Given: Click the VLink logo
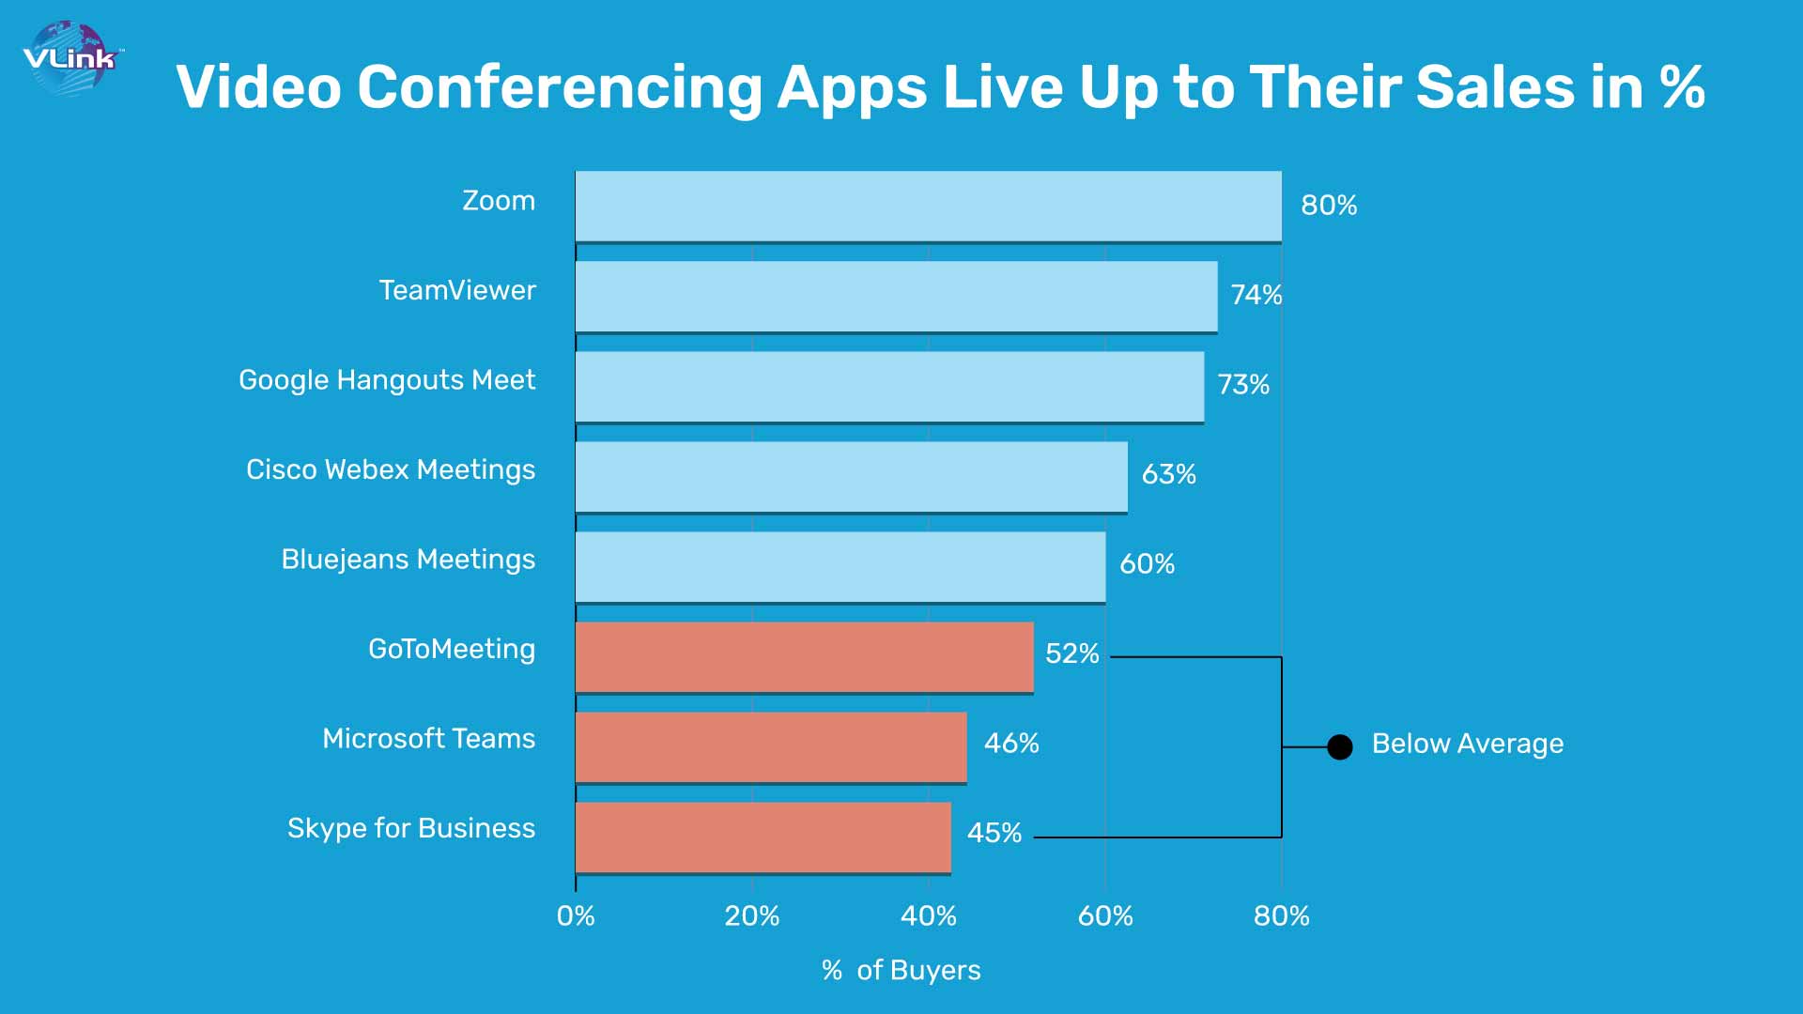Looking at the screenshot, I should click(70, 58).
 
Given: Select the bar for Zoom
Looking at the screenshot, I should click(928, 206).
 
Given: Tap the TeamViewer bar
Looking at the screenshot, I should click(896, 296).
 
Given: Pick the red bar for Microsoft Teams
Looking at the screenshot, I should click(771, 746).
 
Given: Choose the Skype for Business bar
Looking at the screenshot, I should click(763, 837).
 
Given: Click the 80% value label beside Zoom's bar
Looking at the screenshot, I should click(1329, 206).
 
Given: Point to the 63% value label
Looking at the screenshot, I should click(1168, 474).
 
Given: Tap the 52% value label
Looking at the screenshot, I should click(1071, 653).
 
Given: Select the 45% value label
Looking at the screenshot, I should click(994, 833).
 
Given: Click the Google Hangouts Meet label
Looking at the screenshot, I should click(387, 380).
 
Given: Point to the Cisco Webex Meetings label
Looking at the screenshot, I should click(391, 469).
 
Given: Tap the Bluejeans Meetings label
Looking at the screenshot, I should click(408, 560).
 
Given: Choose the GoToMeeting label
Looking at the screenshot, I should click(452, 649).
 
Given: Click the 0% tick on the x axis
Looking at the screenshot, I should click(576, 916).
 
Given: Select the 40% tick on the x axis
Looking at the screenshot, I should click(929, 916).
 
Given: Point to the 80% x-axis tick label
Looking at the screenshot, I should click(1282, 916).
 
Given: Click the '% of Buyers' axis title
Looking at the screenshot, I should click(901, 970).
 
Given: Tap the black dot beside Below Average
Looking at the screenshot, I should click(1340, 746).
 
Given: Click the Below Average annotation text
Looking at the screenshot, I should click(1468, 744).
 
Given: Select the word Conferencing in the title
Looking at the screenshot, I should click(560, 87).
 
